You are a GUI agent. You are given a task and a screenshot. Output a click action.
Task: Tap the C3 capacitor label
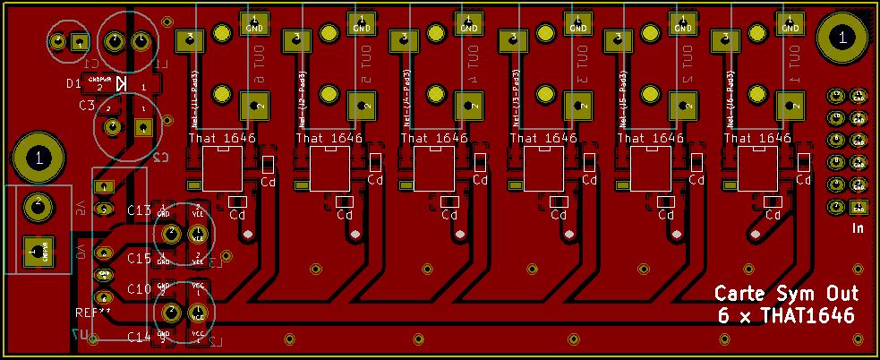86,106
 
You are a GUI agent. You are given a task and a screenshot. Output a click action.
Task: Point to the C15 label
139,259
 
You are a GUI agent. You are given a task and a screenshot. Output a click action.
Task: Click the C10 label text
139,289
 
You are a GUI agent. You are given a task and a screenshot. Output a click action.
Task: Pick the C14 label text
139,337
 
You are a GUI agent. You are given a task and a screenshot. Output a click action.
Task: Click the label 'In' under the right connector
857,229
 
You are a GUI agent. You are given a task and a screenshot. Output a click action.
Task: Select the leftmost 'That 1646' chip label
222,139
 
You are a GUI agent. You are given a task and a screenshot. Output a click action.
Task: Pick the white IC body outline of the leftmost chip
223,169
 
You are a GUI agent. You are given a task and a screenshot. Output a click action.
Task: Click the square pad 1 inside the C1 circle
80,41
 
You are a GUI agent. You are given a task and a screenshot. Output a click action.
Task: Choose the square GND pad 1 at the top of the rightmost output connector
790,21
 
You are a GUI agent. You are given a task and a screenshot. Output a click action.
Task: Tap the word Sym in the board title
792,295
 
